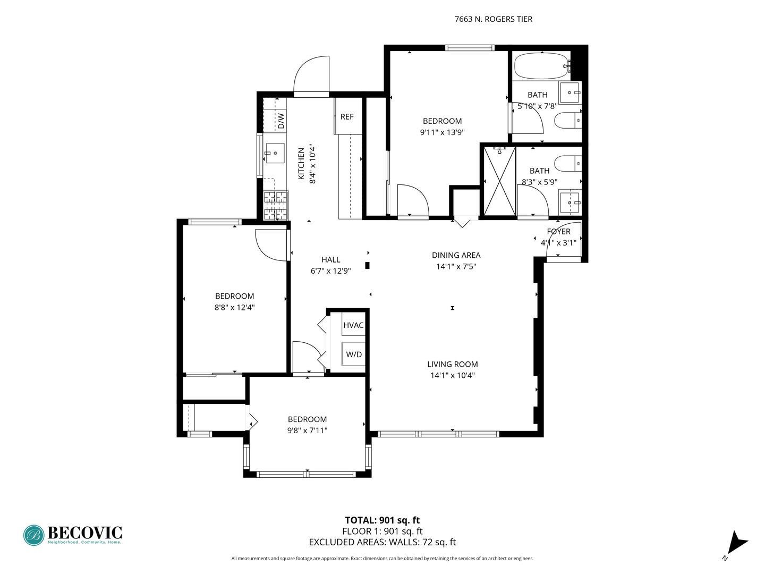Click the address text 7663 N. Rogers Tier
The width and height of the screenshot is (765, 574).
point(493,19)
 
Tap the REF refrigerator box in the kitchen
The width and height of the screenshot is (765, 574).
point(347,117)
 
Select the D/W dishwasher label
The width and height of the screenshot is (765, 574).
point(281,121)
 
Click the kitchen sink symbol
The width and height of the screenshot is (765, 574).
point(275,153)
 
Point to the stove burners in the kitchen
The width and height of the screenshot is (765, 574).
point(276,205)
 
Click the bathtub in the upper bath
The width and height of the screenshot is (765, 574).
point(541,66)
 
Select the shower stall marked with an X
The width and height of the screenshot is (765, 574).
point(499,181)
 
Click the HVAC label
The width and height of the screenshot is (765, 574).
point(353,325)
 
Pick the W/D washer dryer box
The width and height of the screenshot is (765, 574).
point(354,354)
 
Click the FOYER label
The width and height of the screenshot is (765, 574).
point(558,232)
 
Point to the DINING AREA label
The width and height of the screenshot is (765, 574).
point(456,255)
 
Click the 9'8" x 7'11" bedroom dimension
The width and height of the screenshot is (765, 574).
point(307,430)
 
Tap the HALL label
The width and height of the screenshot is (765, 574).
point(330,260)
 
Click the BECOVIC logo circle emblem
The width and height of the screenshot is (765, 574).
point(34,535)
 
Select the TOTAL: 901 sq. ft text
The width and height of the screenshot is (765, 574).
point(382,520)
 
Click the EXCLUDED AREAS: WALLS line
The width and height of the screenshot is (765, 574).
point(382,543)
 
